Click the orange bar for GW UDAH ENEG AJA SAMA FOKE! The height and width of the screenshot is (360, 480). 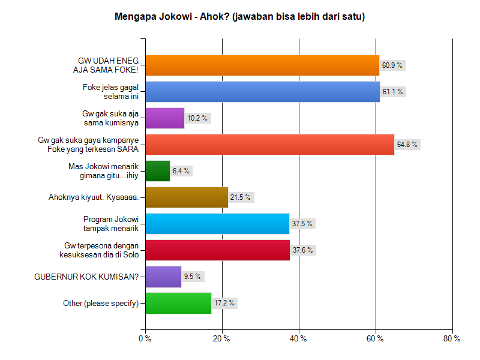[x=262, y=65]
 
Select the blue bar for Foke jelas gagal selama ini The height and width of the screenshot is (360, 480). [x=263, y=92]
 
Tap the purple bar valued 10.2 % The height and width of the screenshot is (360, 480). [x=165, y=118]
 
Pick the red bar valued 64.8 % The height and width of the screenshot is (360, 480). [x=270, y=145]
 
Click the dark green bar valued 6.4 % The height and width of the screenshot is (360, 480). [x=158, y=171]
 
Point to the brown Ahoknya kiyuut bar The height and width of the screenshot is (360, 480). [x=187, y=197]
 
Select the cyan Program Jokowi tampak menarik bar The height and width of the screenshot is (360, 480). [x=217, y=224]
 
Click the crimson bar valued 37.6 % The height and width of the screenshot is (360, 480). [x=218, y=250]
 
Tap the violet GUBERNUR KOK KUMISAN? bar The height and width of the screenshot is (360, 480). [x=163, y=277]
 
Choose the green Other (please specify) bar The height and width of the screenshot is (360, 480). [x=178, y=303]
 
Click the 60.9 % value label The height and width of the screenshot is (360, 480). [x=392, y=65]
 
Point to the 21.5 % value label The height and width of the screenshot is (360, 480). [x=241, y=197]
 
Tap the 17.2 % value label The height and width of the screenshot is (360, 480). [x=224, y=303]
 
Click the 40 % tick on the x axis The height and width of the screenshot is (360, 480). [x=299, y=339]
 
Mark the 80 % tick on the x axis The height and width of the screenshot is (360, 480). [x=452, y=339]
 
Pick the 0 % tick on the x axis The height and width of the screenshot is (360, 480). [x=145, y=339]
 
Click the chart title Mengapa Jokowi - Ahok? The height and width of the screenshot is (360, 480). [x=240, y=17]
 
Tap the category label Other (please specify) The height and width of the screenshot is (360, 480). [x=101, y=303]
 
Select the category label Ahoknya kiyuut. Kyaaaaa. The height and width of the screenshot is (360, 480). [x=94, y=197]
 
